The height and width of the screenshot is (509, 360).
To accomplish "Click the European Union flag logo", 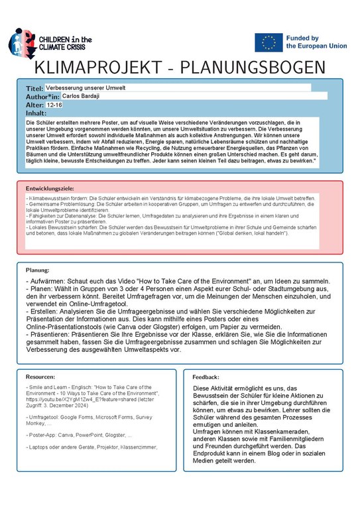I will coord(268,42).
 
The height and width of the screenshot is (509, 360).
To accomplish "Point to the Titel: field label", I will coord(34,88).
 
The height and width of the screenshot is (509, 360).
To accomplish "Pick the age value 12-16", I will coord(55,105).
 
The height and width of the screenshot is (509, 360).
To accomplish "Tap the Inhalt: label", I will coord(36,113).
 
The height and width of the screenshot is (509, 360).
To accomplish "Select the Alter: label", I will coord(34,105).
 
